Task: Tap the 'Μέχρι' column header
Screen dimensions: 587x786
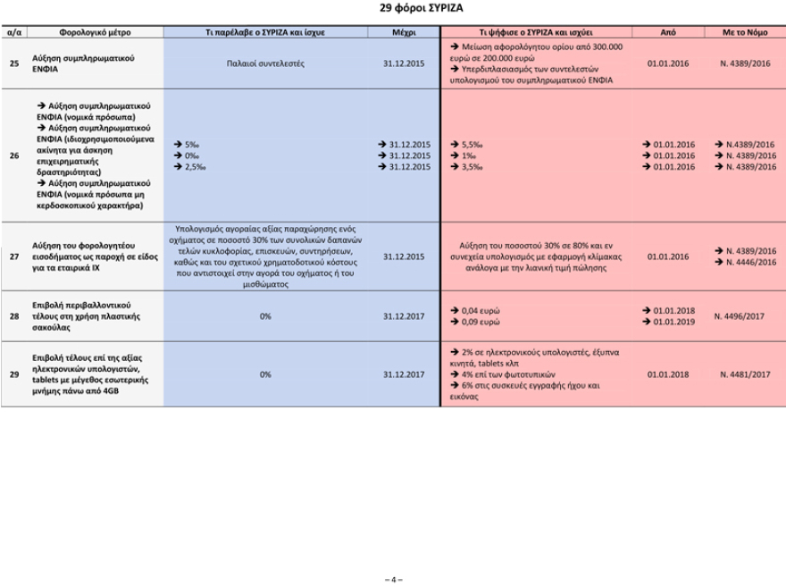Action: coord(404,31)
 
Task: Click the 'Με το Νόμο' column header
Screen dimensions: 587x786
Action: coord(745,31)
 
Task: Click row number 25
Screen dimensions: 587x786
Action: coord(13,63)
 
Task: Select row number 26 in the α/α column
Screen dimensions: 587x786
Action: coord(13,155)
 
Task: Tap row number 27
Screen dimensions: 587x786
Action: coord(13,256)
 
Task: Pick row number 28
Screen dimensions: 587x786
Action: coord(13,315)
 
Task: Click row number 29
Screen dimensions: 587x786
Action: coord(13,374)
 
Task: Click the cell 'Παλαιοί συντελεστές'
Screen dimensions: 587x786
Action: coord(265,63)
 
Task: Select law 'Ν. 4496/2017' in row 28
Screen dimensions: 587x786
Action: coord(745,315)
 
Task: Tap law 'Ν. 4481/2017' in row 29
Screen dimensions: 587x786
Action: coord(745,374)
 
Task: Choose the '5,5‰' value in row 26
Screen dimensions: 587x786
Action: coord(472,144)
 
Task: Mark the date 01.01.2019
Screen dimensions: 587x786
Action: coord(673,321)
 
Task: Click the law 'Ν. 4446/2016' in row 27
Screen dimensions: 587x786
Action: coord(748,262)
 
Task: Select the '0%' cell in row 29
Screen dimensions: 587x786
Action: coord(265,374)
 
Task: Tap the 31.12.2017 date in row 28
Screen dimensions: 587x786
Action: coord(404,315)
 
